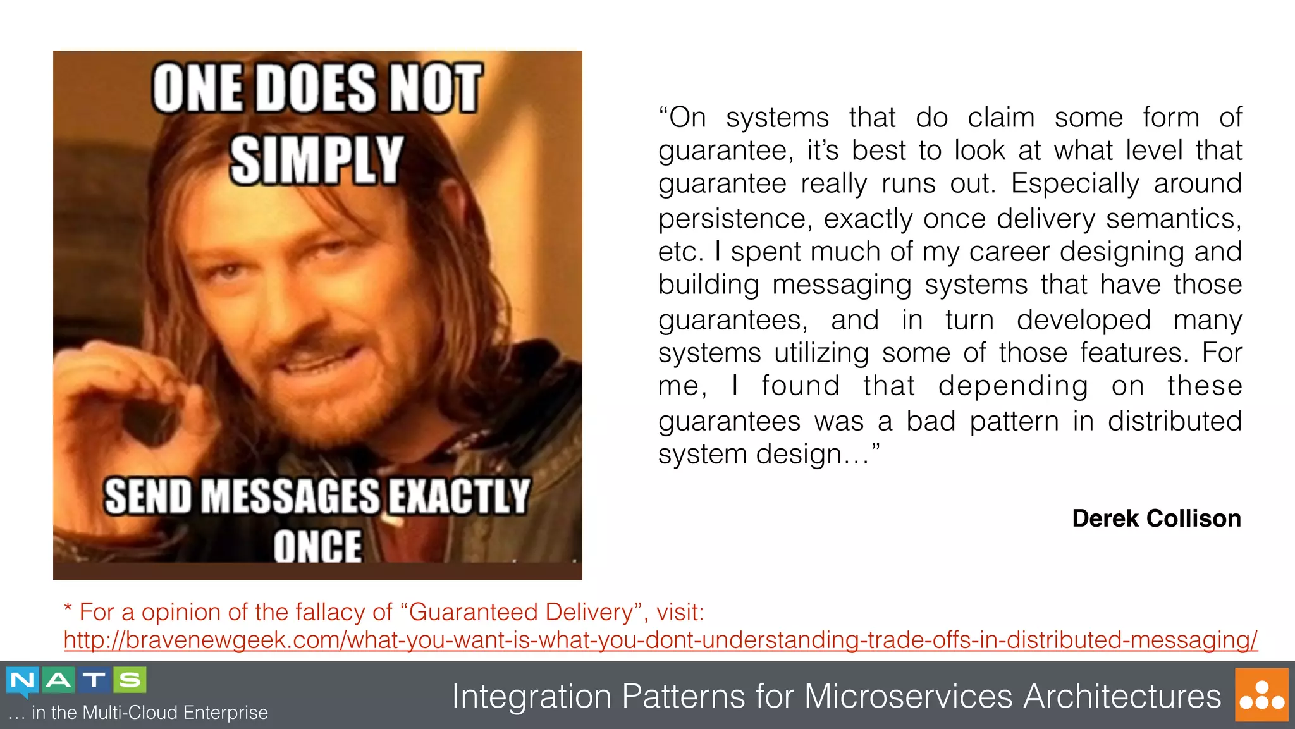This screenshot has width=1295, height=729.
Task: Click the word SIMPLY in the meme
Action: [316, 160]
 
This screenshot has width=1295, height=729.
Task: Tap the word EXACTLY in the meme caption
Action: [458, 496]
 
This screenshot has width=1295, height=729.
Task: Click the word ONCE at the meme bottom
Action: [317, 545]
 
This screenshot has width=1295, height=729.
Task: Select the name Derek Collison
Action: [1156, 518]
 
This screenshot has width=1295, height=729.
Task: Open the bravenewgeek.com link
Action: [660, 640]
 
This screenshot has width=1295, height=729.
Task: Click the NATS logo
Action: [77, 681]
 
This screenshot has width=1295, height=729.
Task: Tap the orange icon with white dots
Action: [1261, 695]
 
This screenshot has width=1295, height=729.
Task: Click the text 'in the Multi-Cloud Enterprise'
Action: [150, 713]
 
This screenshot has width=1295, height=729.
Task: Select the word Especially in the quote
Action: [1074, 184]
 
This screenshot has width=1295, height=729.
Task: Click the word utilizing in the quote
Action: [821, 353]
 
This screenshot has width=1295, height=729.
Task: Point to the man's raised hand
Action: [136, 405]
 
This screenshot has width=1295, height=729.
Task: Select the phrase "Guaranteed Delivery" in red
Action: [522, 612]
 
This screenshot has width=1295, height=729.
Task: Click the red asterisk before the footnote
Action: [68, 609]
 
